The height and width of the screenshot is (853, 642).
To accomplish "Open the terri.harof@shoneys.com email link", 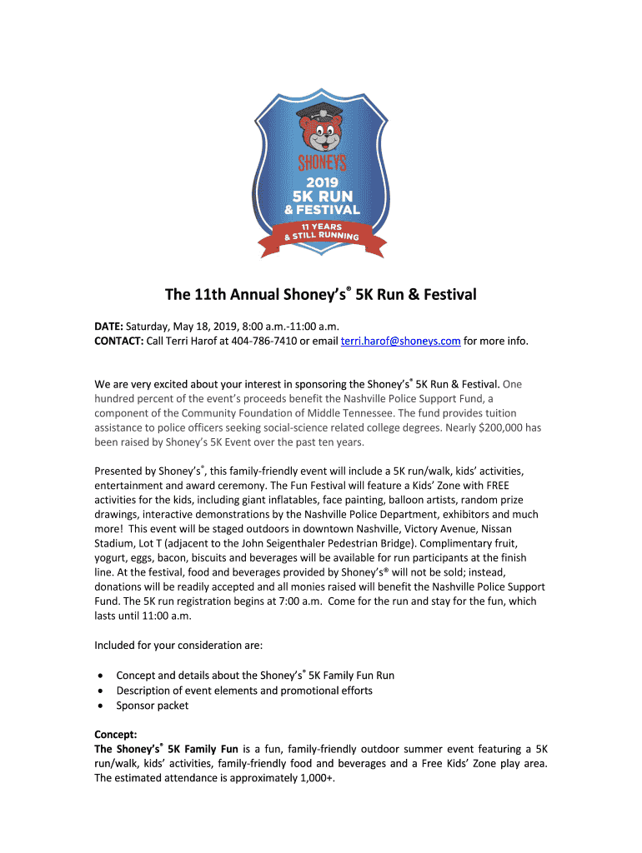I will click(401, 341).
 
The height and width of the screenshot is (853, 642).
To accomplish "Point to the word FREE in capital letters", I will click(504, 486).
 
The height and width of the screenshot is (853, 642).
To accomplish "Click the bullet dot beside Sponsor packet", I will click(101, 706).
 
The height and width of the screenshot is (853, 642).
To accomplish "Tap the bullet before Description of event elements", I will click(101, 691).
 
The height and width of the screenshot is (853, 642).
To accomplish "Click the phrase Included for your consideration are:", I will click(178, 645).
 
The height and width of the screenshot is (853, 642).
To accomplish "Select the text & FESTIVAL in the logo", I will click(320, 209).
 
